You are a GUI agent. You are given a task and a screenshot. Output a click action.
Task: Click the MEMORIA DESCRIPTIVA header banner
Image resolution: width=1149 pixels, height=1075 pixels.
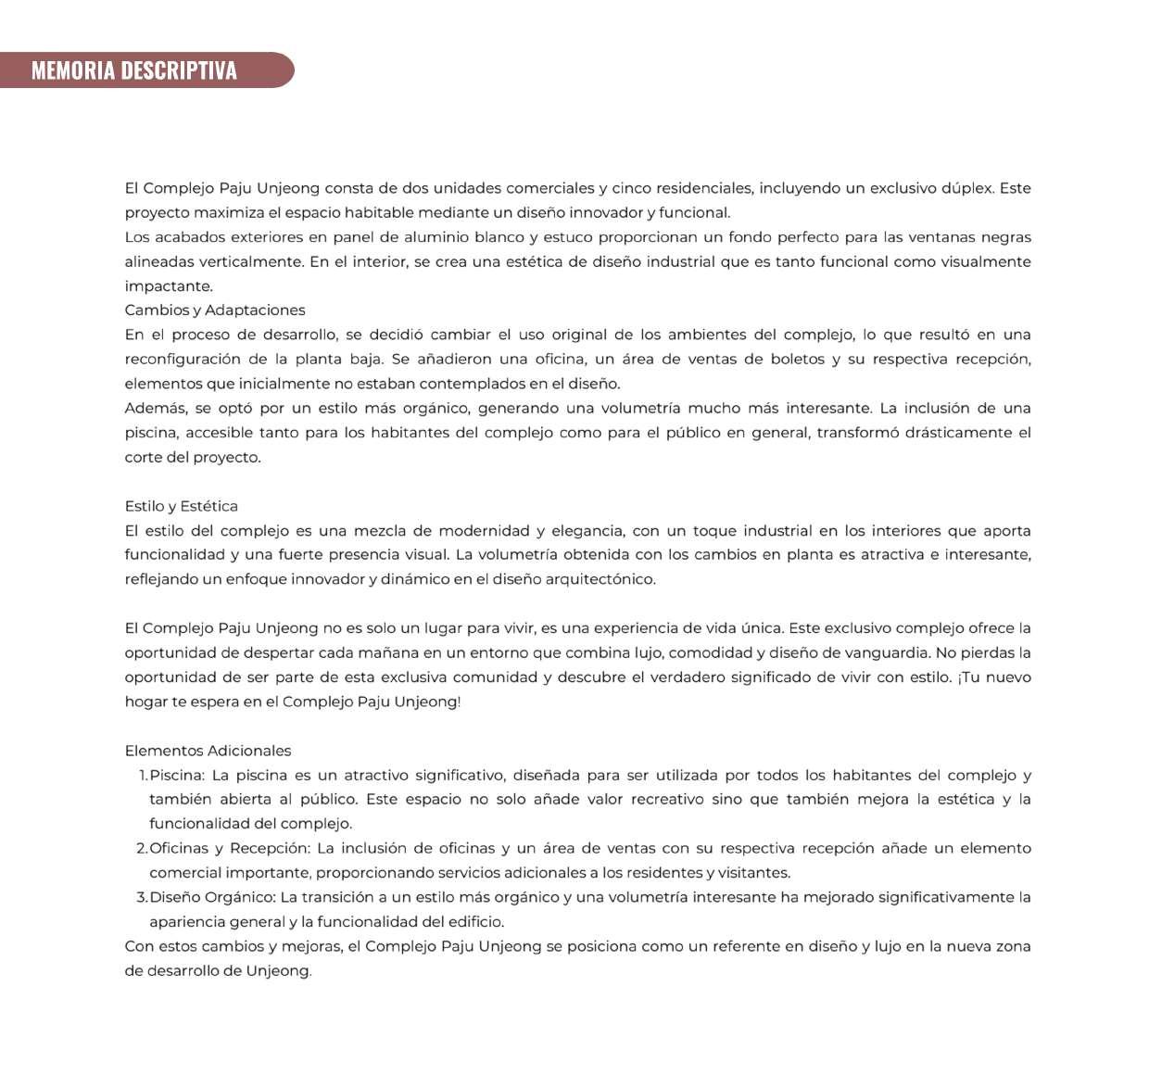pos(134,70)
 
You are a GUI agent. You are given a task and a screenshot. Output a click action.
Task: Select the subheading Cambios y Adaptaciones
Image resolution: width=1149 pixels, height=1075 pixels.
pos(215,310)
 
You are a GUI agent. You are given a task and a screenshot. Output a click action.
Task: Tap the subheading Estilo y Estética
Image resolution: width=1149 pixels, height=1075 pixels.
pos(182,506)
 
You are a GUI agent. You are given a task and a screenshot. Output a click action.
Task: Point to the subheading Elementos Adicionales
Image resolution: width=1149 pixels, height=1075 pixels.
pos(208,751)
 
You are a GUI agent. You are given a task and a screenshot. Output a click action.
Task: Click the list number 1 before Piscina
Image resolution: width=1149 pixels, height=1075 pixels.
pos(143,776)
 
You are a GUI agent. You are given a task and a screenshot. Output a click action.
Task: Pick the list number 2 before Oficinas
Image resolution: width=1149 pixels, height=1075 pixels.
pos(142,849)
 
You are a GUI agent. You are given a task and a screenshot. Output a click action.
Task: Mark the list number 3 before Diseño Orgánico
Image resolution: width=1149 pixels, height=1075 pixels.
pos(142,898)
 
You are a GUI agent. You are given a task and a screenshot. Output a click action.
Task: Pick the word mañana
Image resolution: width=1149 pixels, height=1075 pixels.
pos(385,653)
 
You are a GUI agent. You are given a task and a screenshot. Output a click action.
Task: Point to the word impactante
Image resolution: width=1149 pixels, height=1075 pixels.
pos(169,286)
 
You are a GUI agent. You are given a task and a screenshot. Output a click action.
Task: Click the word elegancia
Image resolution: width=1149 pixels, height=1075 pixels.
pos(587,531)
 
